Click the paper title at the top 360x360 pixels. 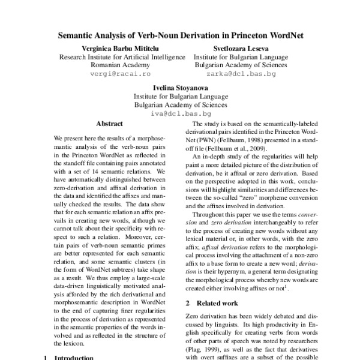point(180,35)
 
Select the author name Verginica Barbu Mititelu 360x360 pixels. point(113,48)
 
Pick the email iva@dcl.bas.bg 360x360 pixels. point(181,113)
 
